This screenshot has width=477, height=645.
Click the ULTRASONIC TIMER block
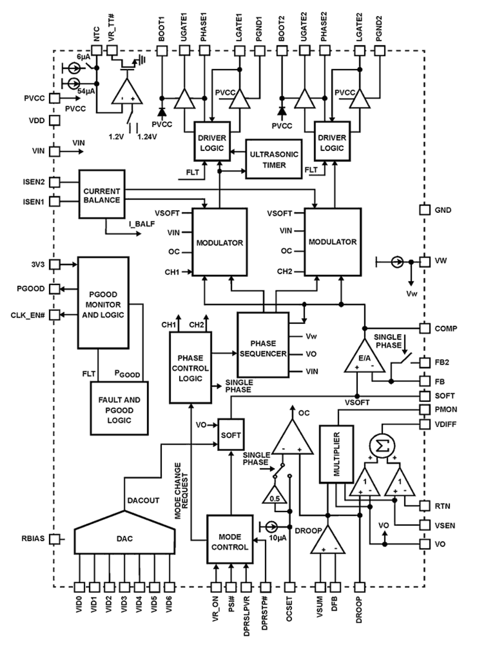[x=274, y=159]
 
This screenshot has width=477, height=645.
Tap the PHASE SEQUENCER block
[x=263, y=345]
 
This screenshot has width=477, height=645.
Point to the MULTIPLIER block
[x=336, y=454]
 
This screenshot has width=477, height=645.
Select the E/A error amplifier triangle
[x=364, y=358]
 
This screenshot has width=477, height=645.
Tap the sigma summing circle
[x=382, y=446]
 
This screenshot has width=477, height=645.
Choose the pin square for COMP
[x=425, y=328]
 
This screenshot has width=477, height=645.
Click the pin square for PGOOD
[x=55, y=289]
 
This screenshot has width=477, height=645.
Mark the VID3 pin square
[x=124, y=587]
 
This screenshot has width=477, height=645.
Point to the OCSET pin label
[x=289, y=609]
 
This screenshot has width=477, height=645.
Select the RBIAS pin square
[x=55, y=539]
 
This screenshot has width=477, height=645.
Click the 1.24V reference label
[x=147, y=136]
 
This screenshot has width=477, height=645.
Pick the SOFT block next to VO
[x=231, y=435]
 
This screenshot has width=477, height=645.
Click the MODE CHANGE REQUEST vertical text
[x=181, y=490]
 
